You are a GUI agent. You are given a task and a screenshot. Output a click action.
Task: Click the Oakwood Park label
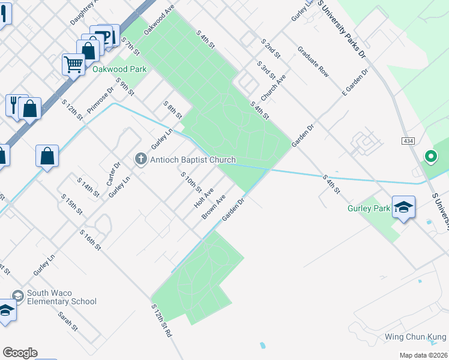click(x=119, y=70)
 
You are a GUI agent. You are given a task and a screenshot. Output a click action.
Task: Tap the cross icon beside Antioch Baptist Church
click(x=141, y=159)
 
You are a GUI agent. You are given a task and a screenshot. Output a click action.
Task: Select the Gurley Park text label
click(x=369, y=209)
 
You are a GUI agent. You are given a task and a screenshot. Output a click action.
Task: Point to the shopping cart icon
click(x=73, y=63)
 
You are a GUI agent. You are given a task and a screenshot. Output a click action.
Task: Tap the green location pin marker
click(x=430, y=157)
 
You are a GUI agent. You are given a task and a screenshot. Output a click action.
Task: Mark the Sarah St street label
click(x=68, y=320)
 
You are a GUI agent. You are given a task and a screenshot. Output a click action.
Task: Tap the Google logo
click(x=20, y=353)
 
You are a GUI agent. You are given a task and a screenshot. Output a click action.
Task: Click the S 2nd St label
click(x=271, y=48)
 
